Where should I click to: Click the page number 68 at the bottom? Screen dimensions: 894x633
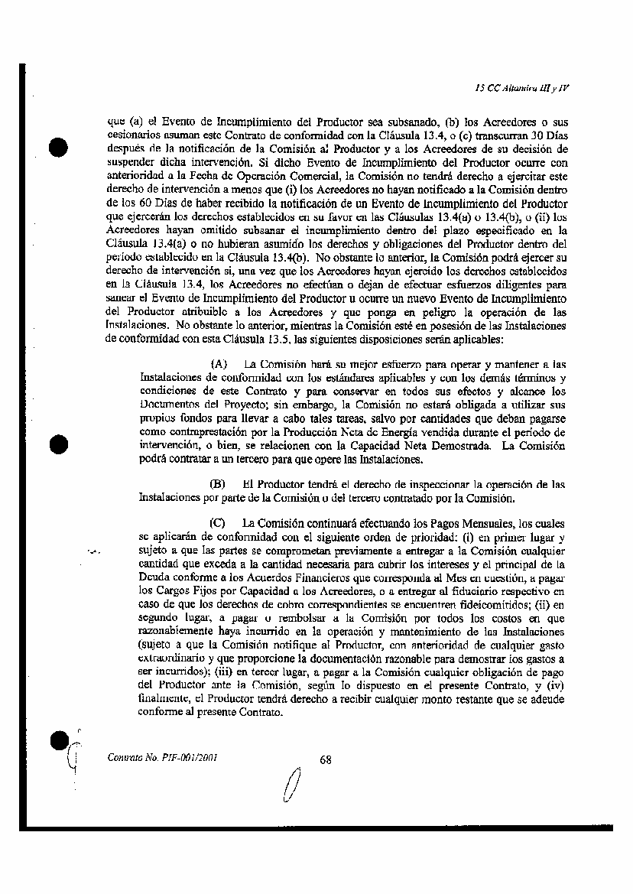pos(326,759)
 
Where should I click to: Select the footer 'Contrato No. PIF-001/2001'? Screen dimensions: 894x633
pos(158,759)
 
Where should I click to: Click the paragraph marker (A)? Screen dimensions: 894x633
pos(218,366)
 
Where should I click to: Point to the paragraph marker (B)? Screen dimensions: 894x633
pos(218,485)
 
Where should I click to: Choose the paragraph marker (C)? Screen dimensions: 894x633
pos(218,524)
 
